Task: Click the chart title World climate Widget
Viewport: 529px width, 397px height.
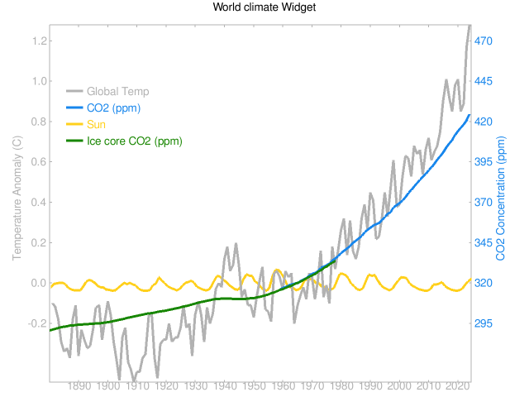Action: (264, 7)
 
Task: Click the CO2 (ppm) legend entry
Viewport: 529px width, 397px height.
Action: (116, 108)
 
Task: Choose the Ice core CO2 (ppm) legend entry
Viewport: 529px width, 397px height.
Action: (134, 141)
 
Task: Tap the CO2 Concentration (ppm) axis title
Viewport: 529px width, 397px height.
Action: (501, 199)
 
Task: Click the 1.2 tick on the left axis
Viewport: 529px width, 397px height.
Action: (37, 41)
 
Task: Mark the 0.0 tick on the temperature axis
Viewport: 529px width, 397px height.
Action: (37, 283)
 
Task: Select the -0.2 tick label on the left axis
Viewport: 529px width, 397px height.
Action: (36, 323)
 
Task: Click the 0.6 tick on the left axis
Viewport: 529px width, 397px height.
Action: (37, 162)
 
